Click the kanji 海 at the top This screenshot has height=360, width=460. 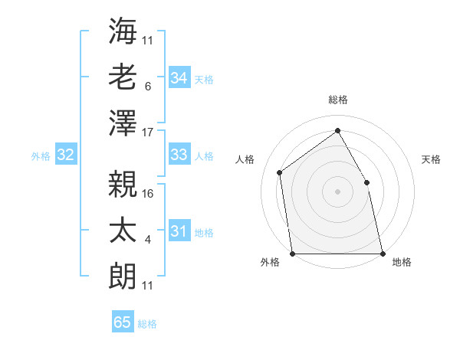pyautogui.click(x=123, y=31)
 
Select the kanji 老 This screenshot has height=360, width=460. pyautogui.click(x=123, y=77)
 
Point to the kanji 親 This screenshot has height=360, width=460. pyautogui.click(x=123, y=183)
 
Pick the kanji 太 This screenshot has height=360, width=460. pyautogui.click(x=123, y=230)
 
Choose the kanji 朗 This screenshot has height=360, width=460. pyautogui.click(x=123, y=276)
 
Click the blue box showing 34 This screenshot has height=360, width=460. pyautogui.click(x=179, y=77)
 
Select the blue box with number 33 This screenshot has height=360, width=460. pyautogui.click(x=179, y=155)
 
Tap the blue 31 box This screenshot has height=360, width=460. pyautogui.click(x=179, y=231)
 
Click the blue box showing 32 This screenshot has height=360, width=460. pyautogui.click(x=66, y=155)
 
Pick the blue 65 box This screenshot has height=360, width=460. pyautogui.click(x=123, y=322)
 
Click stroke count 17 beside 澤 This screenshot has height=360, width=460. pyautogui.click(x=148, y=132)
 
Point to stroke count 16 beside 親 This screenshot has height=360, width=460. pyautogui.click(x=148, y=193)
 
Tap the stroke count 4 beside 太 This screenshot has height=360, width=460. pyautogui.click(x=147, y=240)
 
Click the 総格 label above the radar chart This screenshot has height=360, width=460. pyautogui.click(x=337, y=100)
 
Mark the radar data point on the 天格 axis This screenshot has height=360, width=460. pyautogui.click(x=366, y=182)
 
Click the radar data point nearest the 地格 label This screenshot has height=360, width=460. pyautogui.click(x=382, y=253)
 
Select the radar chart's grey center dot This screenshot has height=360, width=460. pyautogui.click(x=337, y=191)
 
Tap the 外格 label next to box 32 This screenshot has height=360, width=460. pyautogui.click(x=41, y=155)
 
